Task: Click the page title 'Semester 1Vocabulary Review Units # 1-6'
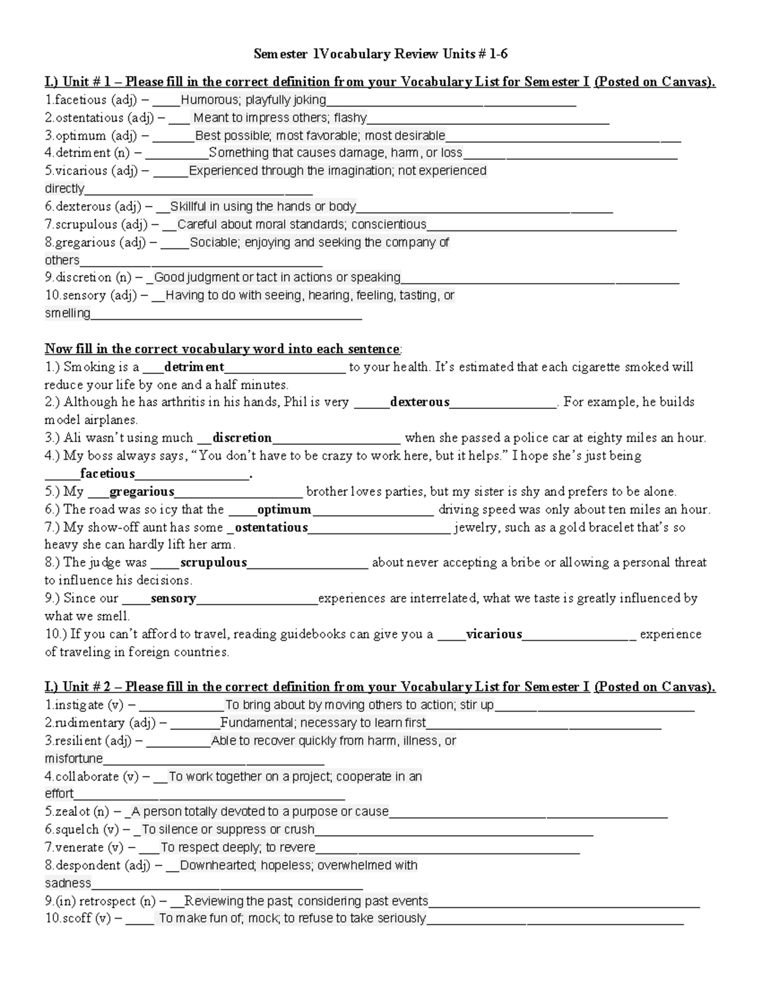point(380,54)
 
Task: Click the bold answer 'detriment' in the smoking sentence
point(194,367)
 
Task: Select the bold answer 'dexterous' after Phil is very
point(419,402)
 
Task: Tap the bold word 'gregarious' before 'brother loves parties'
point(142,491)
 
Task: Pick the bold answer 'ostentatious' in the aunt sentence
point(271,528)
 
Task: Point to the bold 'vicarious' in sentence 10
point(493,634)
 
